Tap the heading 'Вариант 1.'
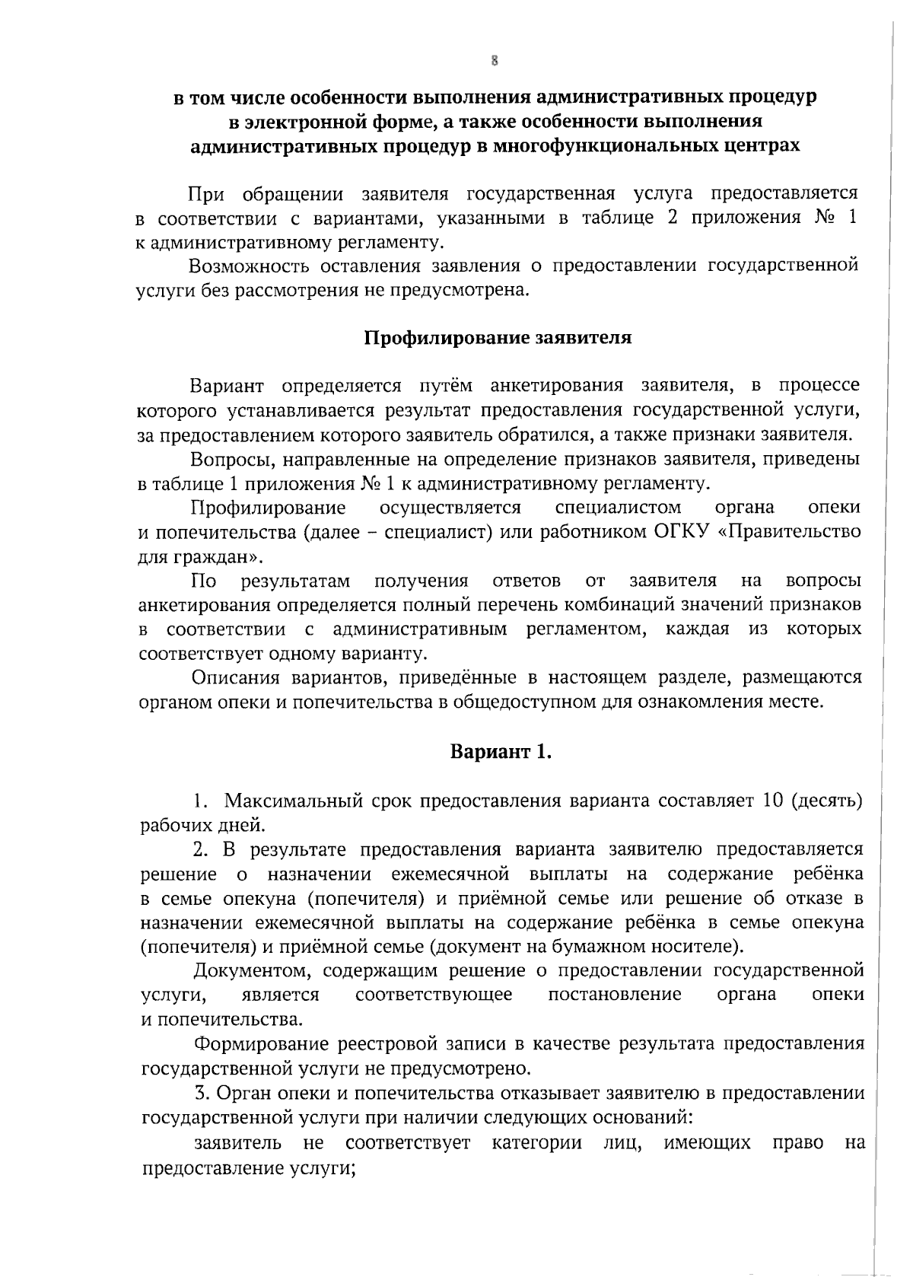(501, 753)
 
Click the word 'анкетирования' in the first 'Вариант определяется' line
(558, 386)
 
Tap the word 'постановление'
(615, 995)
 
